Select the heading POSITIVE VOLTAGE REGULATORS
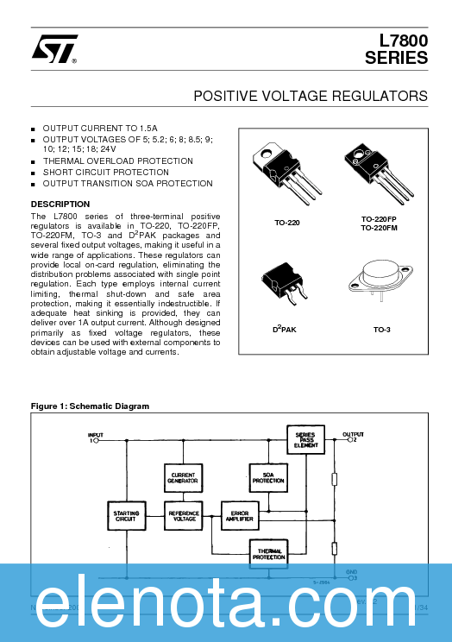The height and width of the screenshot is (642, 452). [x=311, y=95]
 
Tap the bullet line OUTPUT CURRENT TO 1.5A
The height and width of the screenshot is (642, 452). [x=100, y=128]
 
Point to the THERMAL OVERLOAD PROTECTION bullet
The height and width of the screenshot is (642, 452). [x=117, y=161]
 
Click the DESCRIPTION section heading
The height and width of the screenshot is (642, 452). [x=60, y=205]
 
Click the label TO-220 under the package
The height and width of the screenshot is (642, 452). [x=286, y=223]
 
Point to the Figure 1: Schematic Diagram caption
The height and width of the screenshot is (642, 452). [x=90, y=406]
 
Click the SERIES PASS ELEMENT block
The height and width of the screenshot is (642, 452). [x=306, y=438]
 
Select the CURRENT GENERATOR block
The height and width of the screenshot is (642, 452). [x=183, y=477]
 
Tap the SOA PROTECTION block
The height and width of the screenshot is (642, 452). [x=267, y=477]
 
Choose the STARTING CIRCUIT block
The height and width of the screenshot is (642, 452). [x=126, y=515]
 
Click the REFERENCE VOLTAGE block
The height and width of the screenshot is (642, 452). [x=183, y=515]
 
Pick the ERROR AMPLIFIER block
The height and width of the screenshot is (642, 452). [x=240, y=515]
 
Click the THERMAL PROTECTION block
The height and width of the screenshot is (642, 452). [x=267, y=553]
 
